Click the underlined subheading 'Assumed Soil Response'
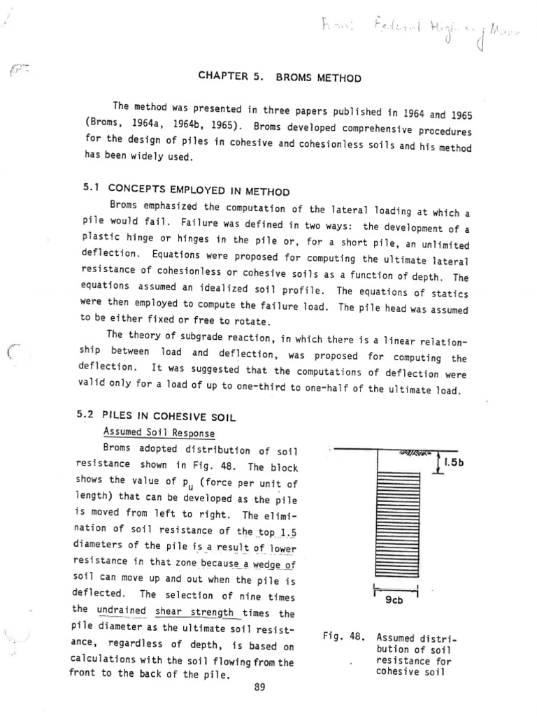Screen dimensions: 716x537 point(149,433)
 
